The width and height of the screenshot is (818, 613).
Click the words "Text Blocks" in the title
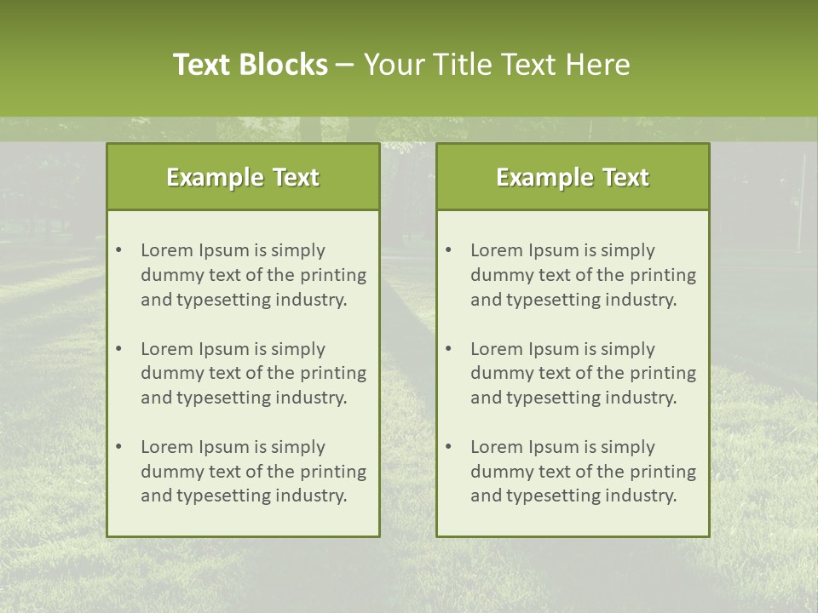click(x=250, y=65)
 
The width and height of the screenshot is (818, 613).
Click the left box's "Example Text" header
click(x=243, y=177)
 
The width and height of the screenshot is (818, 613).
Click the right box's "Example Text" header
click(x=573, y=177)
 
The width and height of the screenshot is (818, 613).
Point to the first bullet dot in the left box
click(x=119, y=250)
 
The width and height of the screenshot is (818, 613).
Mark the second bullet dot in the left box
click(x=119, y=349)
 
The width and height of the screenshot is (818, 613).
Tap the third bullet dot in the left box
click(x=119, y=447)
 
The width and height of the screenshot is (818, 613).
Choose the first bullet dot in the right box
click(x=449, y=250)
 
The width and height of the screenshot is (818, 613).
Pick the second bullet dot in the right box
click(x=449, y=349)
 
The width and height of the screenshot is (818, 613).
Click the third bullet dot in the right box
click(x=449, y=447)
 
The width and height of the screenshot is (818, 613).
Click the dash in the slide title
click(x=345, y=65)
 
